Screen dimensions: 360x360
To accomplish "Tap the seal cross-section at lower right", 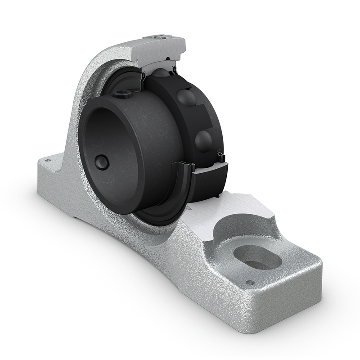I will [x=220, y=157].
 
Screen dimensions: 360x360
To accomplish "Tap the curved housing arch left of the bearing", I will [x=79, y=112].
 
